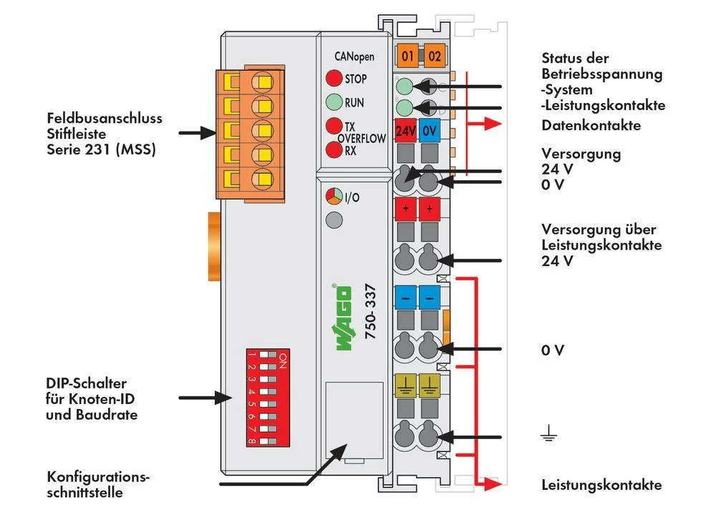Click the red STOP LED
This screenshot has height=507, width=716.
pos(334,79)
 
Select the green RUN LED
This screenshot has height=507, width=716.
pos(334,102)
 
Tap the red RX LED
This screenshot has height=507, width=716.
pos(334,150)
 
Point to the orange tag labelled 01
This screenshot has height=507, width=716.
pos(408,55)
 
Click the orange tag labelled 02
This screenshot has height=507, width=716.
pos(434,55)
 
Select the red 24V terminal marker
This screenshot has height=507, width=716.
pos(406,132)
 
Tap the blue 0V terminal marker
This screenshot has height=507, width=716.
pos(429,132)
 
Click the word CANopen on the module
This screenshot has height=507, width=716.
pos(354,56)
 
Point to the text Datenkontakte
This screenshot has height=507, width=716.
pos(591,126)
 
